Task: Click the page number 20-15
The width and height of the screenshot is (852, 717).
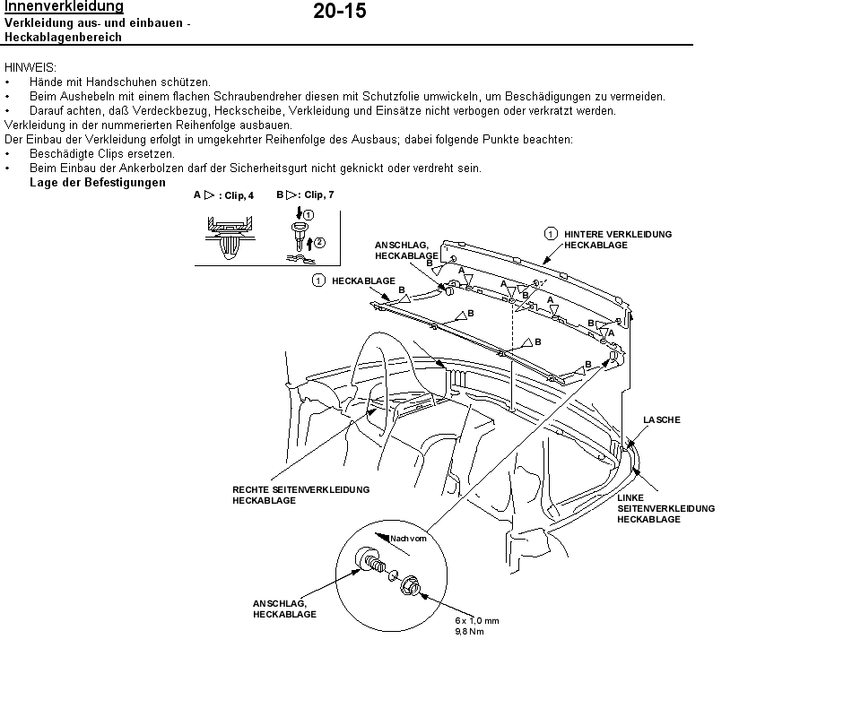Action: coord(340,12)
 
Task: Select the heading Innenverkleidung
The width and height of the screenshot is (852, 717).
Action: coord(64,7)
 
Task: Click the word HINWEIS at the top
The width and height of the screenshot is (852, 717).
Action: coord(30,67)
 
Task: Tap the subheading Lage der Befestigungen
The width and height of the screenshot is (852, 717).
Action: coord(98,183)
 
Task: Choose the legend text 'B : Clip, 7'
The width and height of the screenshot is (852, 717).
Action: coord(306,194)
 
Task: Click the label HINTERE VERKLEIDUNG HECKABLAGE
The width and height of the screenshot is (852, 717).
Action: coord(618,239)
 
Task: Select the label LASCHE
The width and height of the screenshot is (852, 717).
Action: coord(662,419)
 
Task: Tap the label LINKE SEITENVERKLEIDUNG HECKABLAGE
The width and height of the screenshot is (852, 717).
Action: coord(665,508)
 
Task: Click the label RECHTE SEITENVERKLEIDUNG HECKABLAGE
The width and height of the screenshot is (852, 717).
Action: coord(301,495)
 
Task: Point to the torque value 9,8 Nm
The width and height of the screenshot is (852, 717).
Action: coord(470,631)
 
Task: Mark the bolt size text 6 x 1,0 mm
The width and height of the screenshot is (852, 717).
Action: coord(476,620)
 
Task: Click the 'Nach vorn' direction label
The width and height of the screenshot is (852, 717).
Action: coord(407,539)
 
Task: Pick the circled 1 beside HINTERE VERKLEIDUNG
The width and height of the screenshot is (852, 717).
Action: coord(552,234)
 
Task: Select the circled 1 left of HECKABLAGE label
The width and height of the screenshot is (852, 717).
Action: coord(318,281)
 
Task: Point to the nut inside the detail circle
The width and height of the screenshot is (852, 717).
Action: coord(412,583)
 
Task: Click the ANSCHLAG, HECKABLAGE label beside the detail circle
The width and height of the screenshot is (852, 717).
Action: coord(284,609)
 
